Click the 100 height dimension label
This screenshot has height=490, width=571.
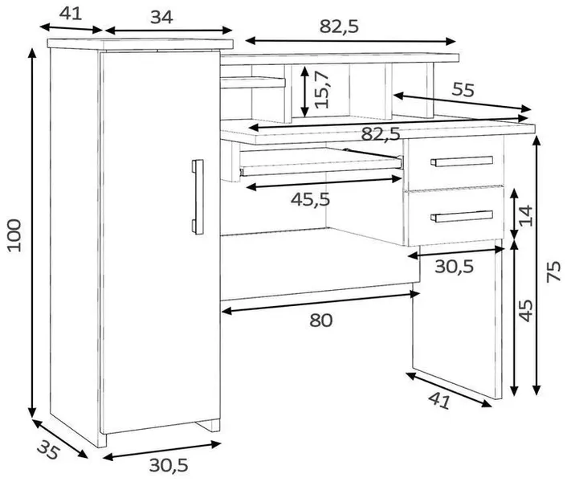pos(14,235)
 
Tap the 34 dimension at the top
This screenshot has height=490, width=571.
pos(161,17)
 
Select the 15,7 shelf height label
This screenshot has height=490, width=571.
pos(321,90)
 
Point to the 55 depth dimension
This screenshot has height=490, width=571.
pos(463,89)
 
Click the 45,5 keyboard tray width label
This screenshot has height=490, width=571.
pos(310,199)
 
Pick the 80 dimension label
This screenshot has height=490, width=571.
pos(320,321)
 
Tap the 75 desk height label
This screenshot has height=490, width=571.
pos(553,272)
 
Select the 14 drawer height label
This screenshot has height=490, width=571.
pos(525,215)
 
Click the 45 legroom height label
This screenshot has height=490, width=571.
pos(525,311)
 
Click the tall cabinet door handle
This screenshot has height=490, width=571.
pos(198,197)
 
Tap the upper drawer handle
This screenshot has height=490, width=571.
pos(462,161)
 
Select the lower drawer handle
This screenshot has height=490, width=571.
pos(462,215)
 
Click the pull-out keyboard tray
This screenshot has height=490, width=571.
pos(320,162)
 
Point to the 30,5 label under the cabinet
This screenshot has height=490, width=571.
pos(169,465)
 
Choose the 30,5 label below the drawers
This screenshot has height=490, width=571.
pos(454,267)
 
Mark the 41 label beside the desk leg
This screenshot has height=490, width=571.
pos(439,401)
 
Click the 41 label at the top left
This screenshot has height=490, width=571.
pos(71,14)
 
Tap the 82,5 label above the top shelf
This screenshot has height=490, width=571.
pos(339,27)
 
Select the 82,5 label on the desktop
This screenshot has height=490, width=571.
pos(381,133)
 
